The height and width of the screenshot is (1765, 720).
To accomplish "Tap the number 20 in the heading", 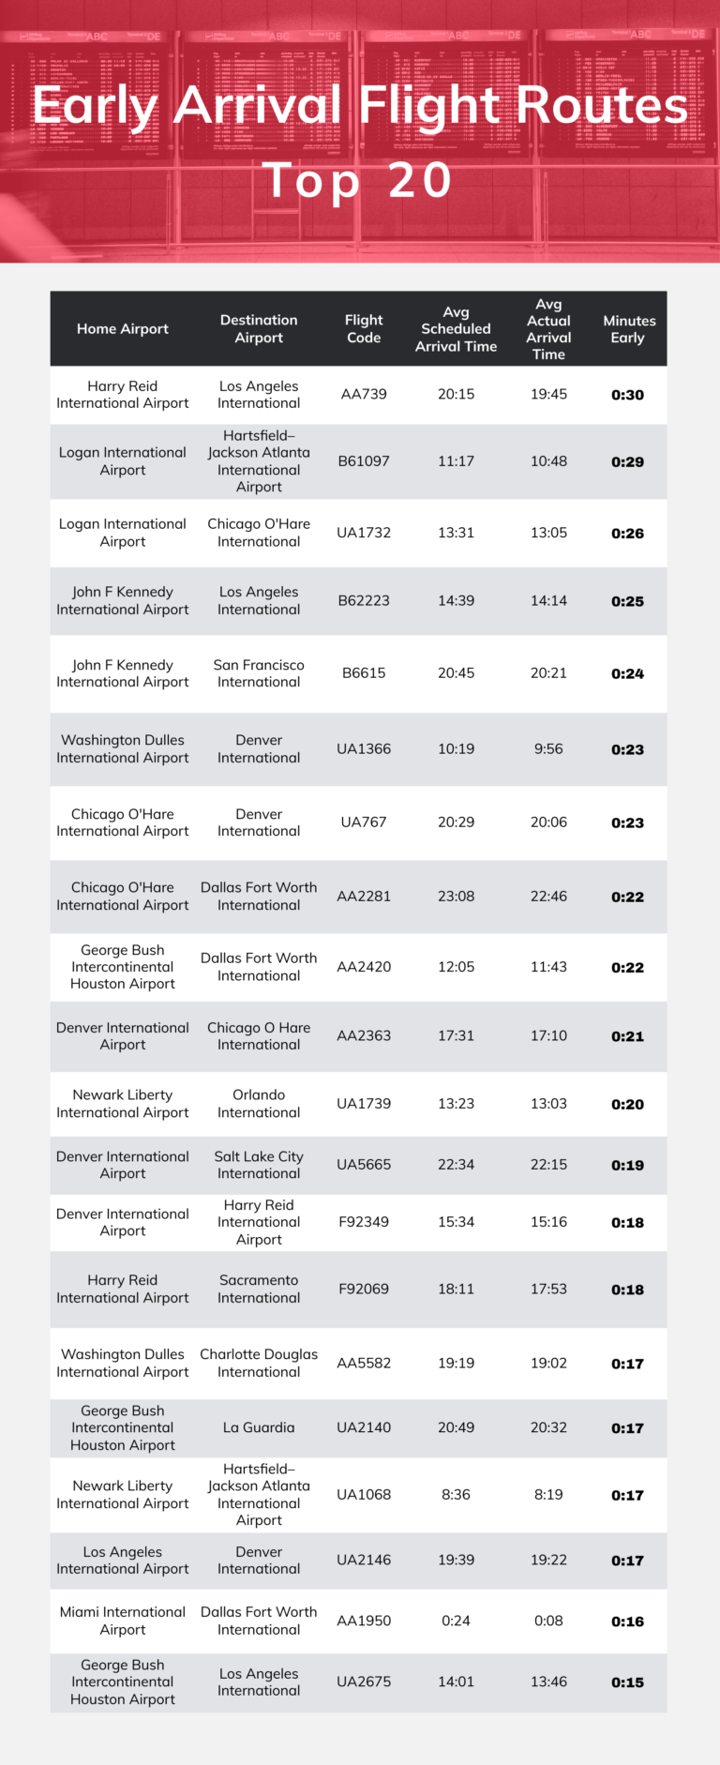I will tap(420, 180).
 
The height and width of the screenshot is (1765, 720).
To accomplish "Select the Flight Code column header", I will tap(364, 328).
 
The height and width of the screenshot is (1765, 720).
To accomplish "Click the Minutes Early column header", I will tap(628, 328).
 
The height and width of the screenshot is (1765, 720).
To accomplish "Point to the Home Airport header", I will tap(123, 328).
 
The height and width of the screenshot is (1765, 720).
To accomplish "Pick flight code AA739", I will tap(364, 394).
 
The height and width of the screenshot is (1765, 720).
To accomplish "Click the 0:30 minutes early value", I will tap(627, 395).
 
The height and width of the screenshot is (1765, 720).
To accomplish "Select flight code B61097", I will tap(364, 460).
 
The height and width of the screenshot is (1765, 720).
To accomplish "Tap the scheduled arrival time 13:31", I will tap(456, 533).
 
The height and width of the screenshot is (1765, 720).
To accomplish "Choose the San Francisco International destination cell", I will tap(259, 673).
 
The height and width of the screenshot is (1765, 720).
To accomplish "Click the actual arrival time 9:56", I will tap(548, 748).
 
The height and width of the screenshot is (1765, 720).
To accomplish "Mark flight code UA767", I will tap(364, 822).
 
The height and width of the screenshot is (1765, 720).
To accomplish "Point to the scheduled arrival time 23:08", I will tap(456, 896).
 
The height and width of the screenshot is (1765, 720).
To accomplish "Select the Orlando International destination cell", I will tap(259, 1103).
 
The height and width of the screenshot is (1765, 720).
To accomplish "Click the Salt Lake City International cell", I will tap(259, 1165).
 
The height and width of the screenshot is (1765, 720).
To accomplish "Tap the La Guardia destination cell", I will tap(259, 1427).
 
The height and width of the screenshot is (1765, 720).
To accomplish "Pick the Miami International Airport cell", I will tap(123, 1621).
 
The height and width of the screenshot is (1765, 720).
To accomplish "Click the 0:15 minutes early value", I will tap(627, 1682).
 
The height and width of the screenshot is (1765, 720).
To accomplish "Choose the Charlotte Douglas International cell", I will tap(259, 1363).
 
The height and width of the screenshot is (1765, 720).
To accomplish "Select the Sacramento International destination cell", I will tap(259, 1289).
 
